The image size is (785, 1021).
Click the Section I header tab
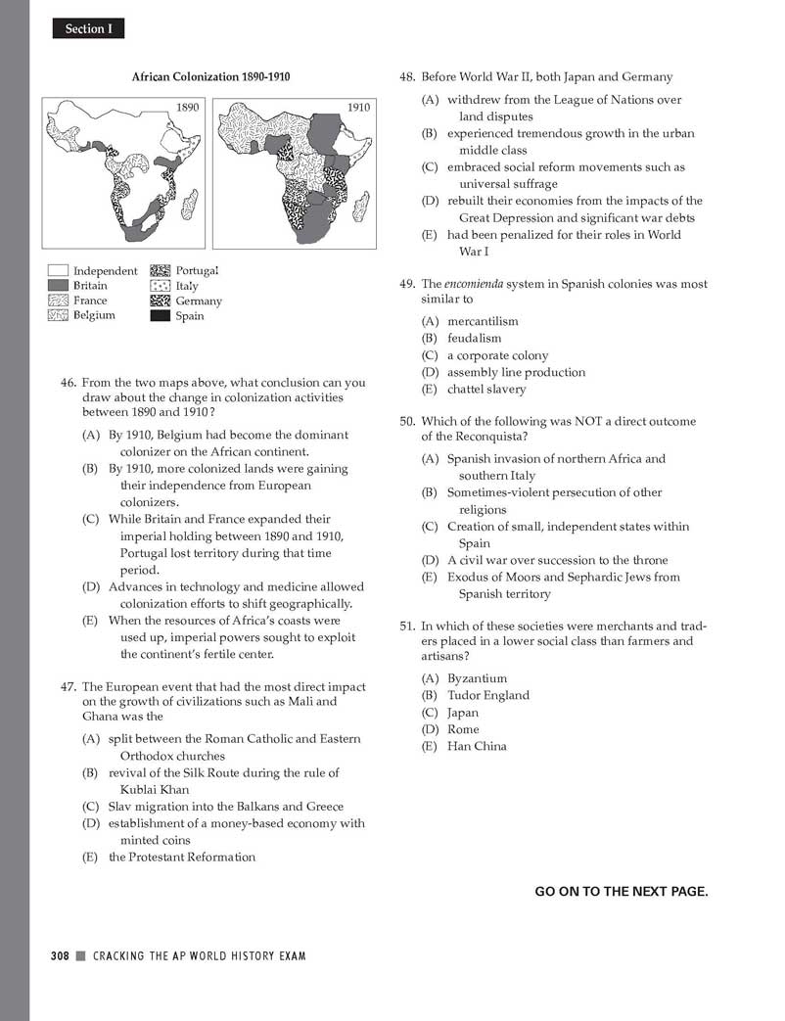[88, 29]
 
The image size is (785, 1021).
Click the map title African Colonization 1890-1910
[211, 76]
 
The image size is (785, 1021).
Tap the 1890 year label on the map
[187, 106]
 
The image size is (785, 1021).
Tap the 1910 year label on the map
[358, 107]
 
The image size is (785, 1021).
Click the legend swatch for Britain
[58, 286]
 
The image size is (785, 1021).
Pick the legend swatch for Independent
[58, 271]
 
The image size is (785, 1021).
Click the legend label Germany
[199, 302]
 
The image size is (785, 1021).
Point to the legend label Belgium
[94, 315]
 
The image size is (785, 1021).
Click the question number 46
[69, 384]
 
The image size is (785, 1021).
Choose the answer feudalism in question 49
[474, 339]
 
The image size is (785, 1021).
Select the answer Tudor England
[487, 696]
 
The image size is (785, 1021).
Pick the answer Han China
[477, 747]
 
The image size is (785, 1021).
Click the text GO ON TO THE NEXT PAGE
[621, 891]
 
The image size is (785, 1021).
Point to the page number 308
[60, 955]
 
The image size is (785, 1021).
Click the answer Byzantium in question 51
[477, 678]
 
